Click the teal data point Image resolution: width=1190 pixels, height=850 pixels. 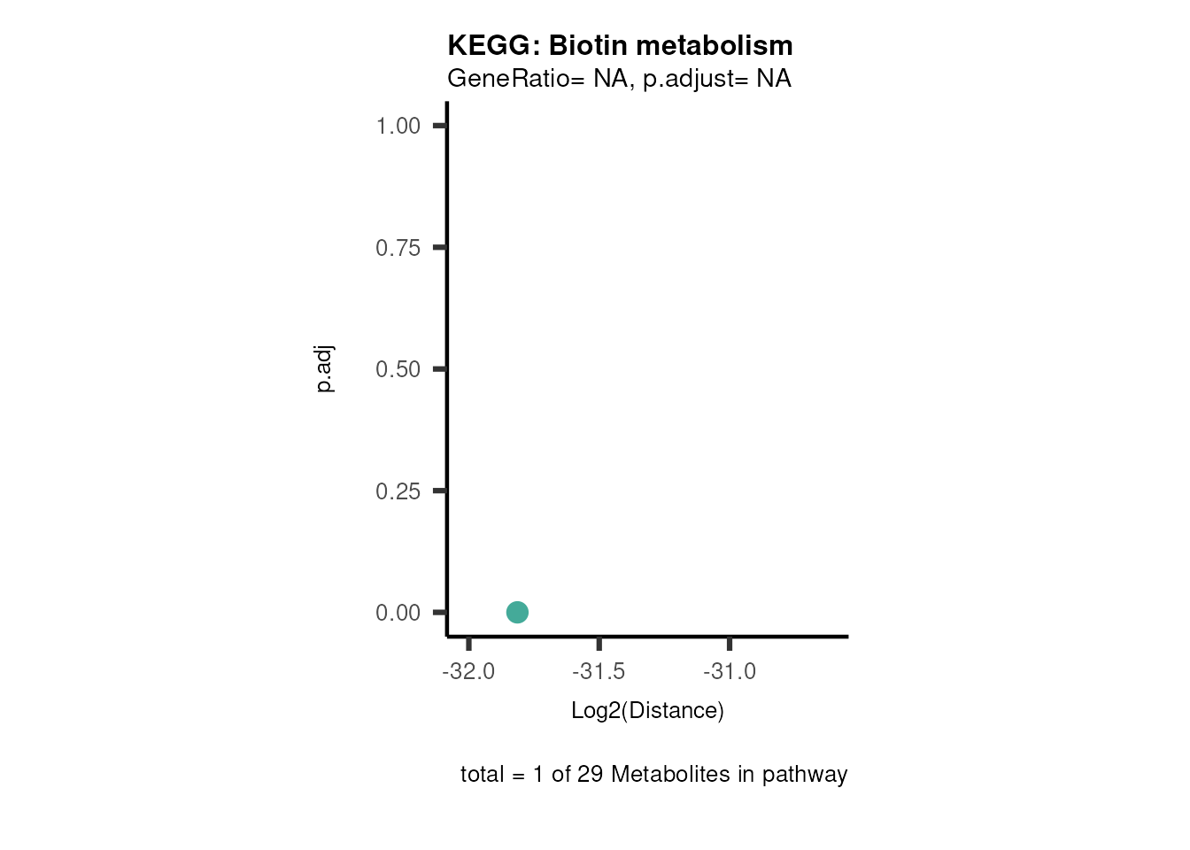point(517,612)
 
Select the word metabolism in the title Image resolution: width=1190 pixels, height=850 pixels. point(712,45)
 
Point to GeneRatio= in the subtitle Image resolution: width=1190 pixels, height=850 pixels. point(516,79)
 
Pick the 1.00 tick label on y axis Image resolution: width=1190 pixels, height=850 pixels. point(398,126)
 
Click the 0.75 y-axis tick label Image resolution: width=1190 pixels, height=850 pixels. point(398,248)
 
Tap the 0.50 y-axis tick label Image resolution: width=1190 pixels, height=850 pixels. point(398,369)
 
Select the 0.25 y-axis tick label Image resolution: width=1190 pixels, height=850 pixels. point(398,491)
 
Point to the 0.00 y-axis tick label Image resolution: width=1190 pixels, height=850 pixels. point(398,613)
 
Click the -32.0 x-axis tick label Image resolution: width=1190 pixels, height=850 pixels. point(468,671)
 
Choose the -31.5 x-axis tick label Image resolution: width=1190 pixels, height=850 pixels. point(599,671)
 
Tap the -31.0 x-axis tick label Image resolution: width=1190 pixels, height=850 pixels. point(730,671)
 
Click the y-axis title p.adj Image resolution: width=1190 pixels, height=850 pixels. point(325,369)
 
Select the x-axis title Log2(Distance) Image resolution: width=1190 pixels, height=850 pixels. point(647,710)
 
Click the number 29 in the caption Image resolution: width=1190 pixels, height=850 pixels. point(590,775)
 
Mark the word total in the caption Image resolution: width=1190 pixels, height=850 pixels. point(482,775)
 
